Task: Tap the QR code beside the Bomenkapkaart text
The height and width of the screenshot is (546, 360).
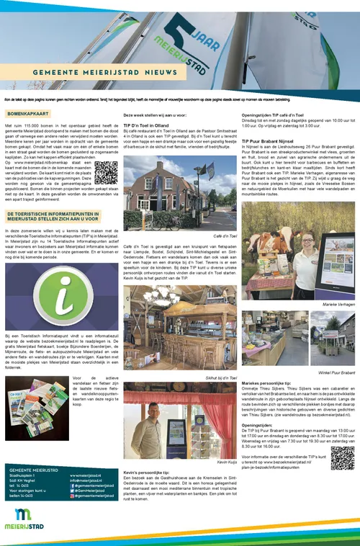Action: [x=106, y=174]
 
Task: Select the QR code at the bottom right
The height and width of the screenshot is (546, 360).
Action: [x=343, y=458]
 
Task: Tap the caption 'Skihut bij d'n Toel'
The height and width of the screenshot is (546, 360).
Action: [x=220, y=377]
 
